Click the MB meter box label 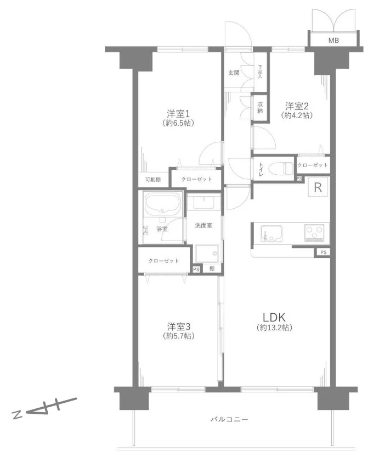(x=333, y=41)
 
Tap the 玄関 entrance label (x=234, y=73)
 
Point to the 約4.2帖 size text (x=297, y=115)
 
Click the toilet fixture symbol (x=281, y=168)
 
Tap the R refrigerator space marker (x=318, y=187)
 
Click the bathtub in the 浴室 (x=162, y=203)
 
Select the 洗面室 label (x=203, y=225)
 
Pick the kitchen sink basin (x=272, y=233)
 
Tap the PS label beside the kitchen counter (x=324, y=252)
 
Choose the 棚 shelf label (x=212, y=269)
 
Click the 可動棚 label (x=153, y=180)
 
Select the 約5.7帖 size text (x=178, y=336)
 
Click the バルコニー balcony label (x=229, y=419)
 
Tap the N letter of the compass (x=18, y=415)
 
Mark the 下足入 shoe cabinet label (x=260, y=72)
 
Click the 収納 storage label (x=260, y=107)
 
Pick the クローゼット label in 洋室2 (x=313, y=165)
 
